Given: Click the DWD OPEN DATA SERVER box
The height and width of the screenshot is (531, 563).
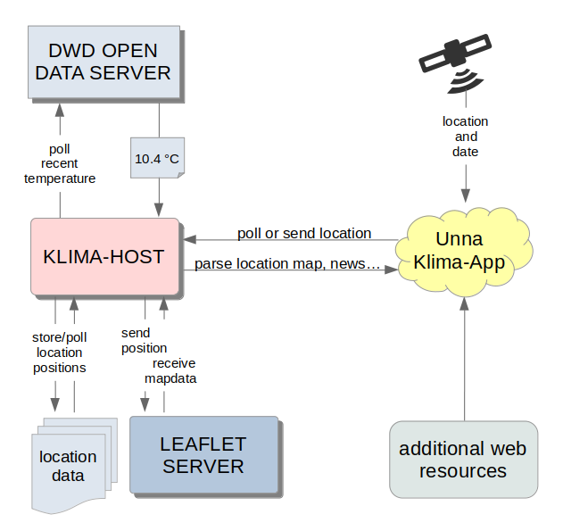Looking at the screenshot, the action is click(x=104, y=62).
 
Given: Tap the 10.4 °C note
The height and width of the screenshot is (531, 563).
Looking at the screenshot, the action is click(x=157, y=158).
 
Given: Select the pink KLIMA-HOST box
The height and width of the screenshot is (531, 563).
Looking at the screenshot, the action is click(x=105, y=256).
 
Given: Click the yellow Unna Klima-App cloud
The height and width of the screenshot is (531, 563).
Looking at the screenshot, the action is click(x=464, y=252).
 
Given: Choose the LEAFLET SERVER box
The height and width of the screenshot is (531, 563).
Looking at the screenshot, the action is click(x=204, y=454).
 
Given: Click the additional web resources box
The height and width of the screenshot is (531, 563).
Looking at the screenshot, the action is click(x=464, y=460).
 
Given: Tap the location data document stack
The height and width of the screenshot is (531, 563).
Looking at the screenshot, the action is click(x=74, y=465).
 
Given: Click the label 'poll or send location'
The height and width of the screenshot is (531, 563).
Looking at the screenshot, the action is click(x=304, y=233).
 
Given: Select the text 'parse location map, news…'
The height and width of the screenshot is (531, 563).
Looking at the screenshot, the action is click(x=287, y=264).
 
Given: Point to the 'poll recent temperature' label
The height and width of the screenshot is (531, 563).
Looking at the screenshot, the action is click(x=60, y=163).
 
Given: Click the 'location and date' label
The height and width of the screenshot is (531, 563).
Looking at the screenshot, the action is click(x=466, y=137).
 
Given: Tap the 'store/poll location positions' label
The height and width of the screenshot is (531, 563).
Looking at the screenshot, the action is click(x=60, y=353).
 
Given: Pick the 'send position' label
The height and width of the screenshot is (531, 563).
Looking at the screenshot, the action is click(x=144, y=341).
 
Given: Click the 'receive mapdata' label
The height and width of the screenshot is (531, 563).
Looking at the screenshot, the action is click(x=170, y=371).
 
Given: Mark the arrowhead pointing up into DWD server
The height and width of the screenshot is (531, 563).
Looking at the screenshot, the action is click(x=60, y=110).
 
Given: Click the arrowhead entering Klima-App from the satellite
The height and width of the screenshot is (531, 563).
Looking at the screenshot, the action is click(x=466, y=195).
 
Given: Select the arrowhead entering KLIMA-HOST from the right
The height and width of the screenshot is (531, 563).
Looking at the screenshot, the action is click(x=189, y=239).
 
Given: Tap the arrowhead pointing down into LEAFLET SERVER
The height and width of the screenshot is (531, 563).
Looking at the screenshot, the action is click(x=145, y=405).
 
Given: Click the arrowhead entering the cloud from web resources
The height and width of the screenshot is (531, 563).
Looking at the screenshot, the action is click(x=464, y=303).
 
